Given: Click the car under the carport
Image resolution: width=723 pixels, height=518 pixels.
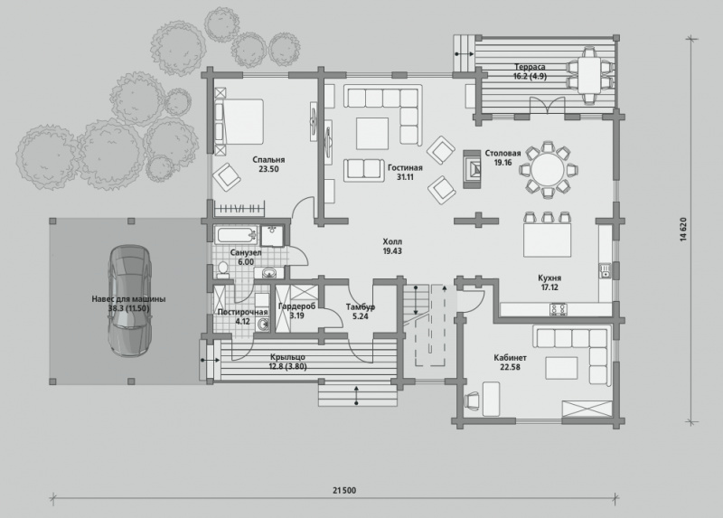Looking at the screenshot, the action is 129,301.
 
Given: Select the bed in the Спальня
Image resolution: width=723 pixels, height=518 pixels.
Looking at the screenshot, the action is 239,121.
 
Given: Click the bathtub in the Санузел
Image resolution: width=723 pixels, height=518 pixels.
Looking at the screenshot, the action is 237,235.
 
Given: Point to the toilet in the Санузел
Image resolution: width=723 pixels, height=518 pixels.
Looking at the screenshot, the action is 223,270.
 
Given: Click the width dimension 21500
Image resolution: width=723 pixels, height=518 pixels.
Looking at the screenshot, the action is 344,490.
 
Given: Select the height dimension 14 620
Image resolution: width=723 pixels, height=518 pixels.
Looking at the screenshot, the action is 683,230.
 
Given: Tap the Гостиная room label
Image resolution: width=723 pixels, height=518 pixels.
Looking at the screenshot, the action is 405,168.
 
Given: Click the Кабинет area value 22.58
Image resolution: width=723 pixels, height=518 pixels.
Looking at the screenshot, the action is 510,367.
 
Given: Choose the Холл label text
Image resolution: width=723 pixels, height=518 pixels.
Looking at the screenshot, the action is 392,241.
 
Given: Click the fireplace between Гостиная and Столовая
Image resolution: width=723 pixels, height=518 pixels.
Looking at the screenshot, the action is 472,169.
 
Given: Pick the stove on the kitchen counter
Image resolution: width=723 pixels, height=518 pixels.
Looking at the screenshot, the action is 558,309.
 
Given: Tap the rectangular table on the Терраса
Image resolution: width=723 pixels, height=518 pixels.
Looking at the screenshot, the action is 590,75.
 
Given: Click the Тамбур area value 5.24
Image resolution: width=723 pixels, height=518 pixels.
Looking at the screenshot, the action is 360,316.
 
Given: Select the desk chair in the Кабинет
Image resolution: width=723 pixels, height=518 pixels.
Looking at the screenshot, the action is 473,400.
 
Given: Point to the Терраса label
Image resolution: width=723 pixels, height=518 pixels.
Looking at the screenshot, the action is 530,67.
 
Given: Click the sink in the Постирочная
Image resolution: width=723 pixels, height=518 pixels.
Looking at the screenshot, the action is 262,325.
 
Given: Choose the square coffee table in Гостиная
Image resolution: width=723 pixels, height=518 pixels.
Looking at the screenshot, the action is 371,133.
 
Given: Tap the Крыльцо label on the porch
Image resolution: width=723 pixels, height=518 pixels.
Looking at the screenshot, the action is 287,357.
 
